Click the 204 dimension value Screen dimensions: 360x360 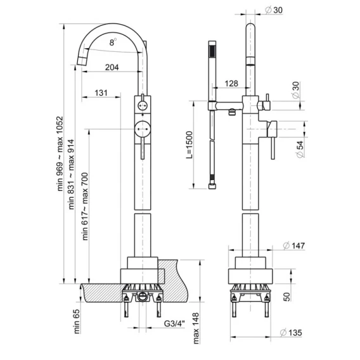click(112, 67)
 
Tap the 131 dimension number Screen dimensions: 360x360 click(101, 93)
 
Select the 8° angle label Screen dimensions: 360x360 click(113, 42)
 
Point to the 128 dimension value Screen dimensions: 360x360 click(231, 83)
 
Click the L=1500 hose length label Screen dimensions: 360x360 click(189, 145)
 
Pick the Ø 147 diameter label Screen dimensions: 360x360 click(294, 246)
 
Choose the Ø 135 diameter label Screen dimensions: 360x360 click(291, 333)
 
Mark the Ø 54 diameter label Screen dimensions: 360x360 click(300, 149)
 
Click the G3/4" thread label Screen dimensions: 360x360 click(174, 324)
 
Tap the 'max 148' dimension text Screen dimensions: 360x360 click(196, 328)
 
